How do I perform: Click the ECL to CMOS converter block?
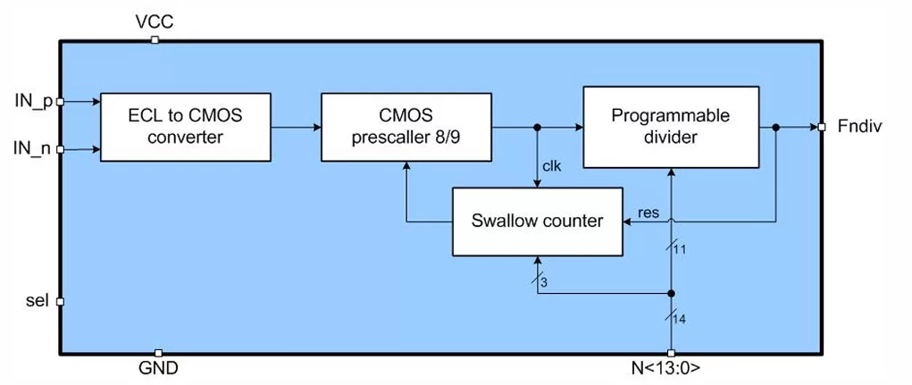[186, 127]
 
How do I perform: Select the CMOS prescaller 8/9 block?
[406, 127]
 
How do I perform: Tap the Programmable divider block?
[671, 128]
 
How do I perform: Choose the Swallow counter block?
[538, 222]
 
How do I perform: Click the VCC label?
[155, 22]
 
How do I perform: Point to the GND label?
[158, 369]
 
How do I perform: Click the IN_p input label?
[34, 101]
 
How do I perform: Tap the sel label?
[38, 301]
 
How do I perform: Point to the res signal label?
[648, 213]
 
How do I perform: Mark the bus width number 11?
[681, 250]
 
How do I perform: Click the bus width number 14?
[680, 320]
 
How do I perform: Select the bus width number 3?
[544, 282]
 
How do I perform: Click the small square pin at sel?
[59, 302]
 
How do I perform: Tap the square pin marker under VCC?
[155, 40]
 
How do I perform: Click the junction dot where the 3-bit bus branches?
[671, 293]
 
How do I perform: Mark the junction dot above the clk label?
[538, 128]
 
